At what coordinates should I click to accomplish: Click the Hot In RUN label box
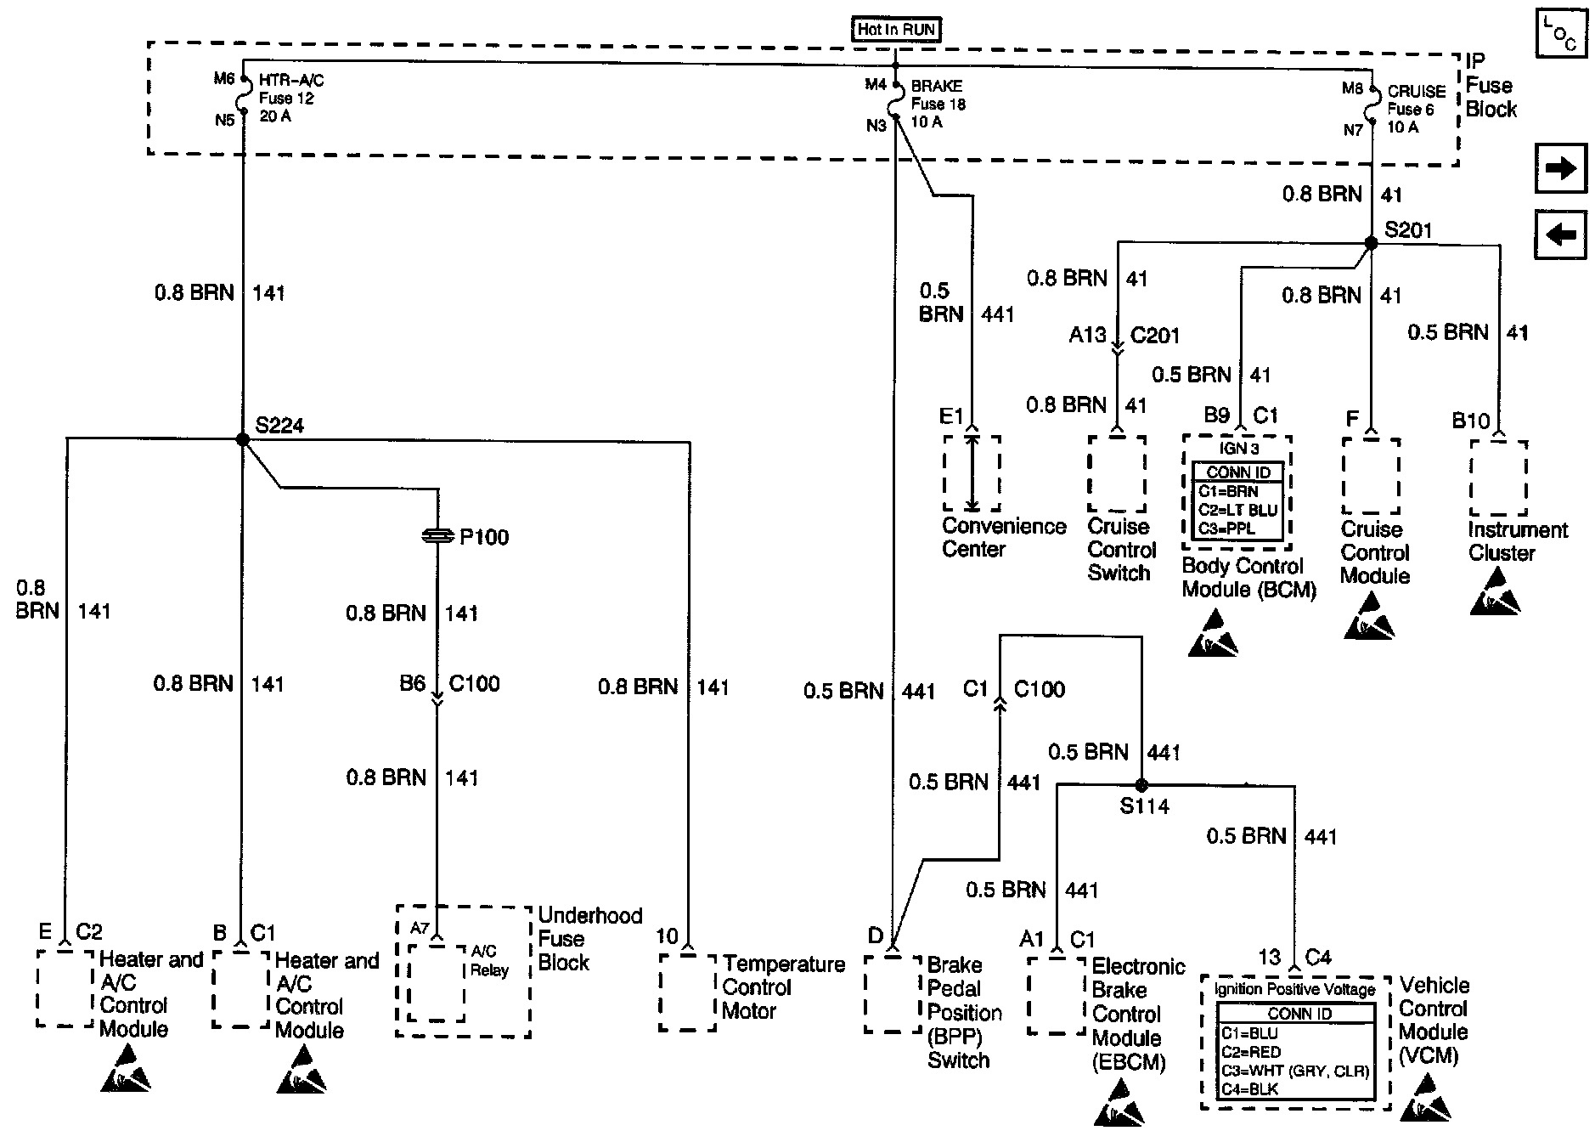[896, 30]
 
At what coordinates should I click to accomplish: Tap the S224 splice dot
[242, 439]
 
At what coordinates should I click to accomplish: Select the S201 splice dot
[1370, 243]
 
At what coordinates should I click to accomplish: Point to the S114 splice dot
[1141, 785]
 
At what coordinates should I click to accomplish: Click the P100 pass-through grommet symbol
[437, 536]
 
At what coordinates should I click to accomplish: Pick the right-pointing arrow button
[1560, 168]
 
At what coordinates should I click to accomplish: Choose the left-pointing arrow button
[1560, 234]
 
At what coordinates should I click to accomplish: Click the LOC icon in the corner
[1560, 35]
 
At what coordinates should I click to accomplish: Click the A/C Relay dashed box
[437, 982]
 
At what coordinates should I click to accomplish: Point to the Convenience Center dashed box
[972, 473]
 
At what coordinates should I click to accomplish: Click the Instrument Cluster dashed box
[1498, 478]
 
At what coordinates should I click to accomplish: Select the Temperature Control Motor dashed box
[687, 992]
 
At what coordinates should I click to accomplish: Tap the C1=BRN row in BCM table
[1237, 491]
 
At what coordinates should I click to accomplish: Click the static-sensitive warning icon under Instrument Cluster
[1496, 591]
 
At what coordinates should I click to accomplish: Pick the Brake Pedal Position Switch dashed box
[893, 994]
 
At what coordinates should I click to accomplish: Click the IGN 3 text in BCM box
[1237, 448]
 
